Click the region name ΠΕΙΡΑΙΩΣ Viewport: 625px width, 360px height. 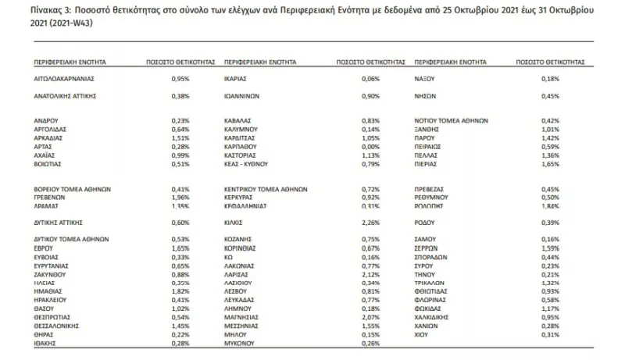tap(430, 145)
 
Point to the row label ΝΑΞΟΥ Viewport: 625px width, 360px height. tap(427, 79)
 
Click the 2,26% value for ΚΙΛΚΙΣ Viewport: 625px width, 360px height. tap(371, 222)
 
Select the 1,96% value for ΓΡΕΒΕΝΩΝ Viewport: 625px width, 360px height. tap(180, 198)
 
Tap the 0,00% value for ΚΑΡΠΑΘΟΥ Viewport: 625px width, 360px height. tap(371, 146)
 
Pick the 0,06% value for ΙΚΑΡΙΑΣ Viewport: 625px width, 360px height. tap(371, 79)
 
